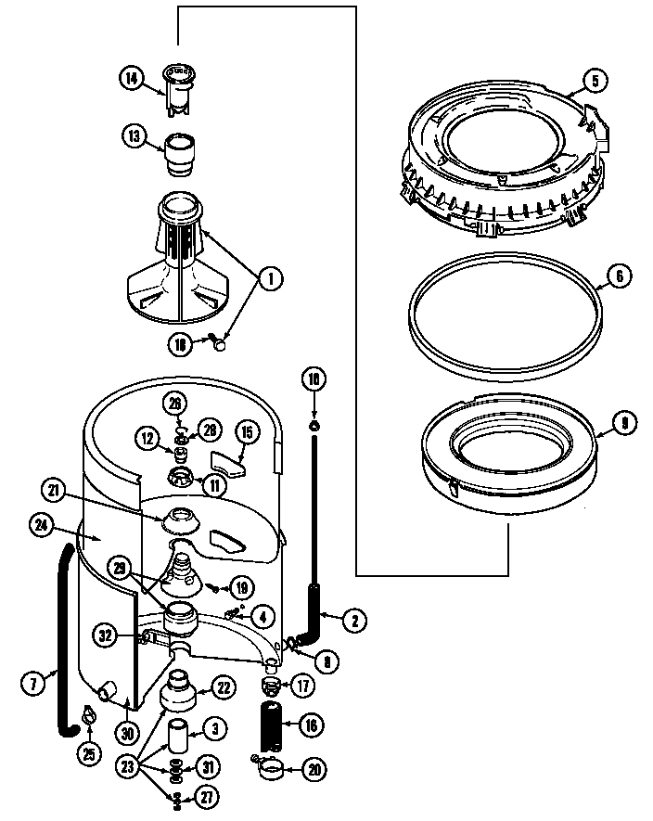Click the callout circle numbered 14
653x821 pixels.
point(133,79)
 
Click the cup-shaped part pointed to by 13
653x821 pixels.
point(177,153)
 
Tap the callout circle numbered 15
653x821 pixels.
point(247,431)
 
